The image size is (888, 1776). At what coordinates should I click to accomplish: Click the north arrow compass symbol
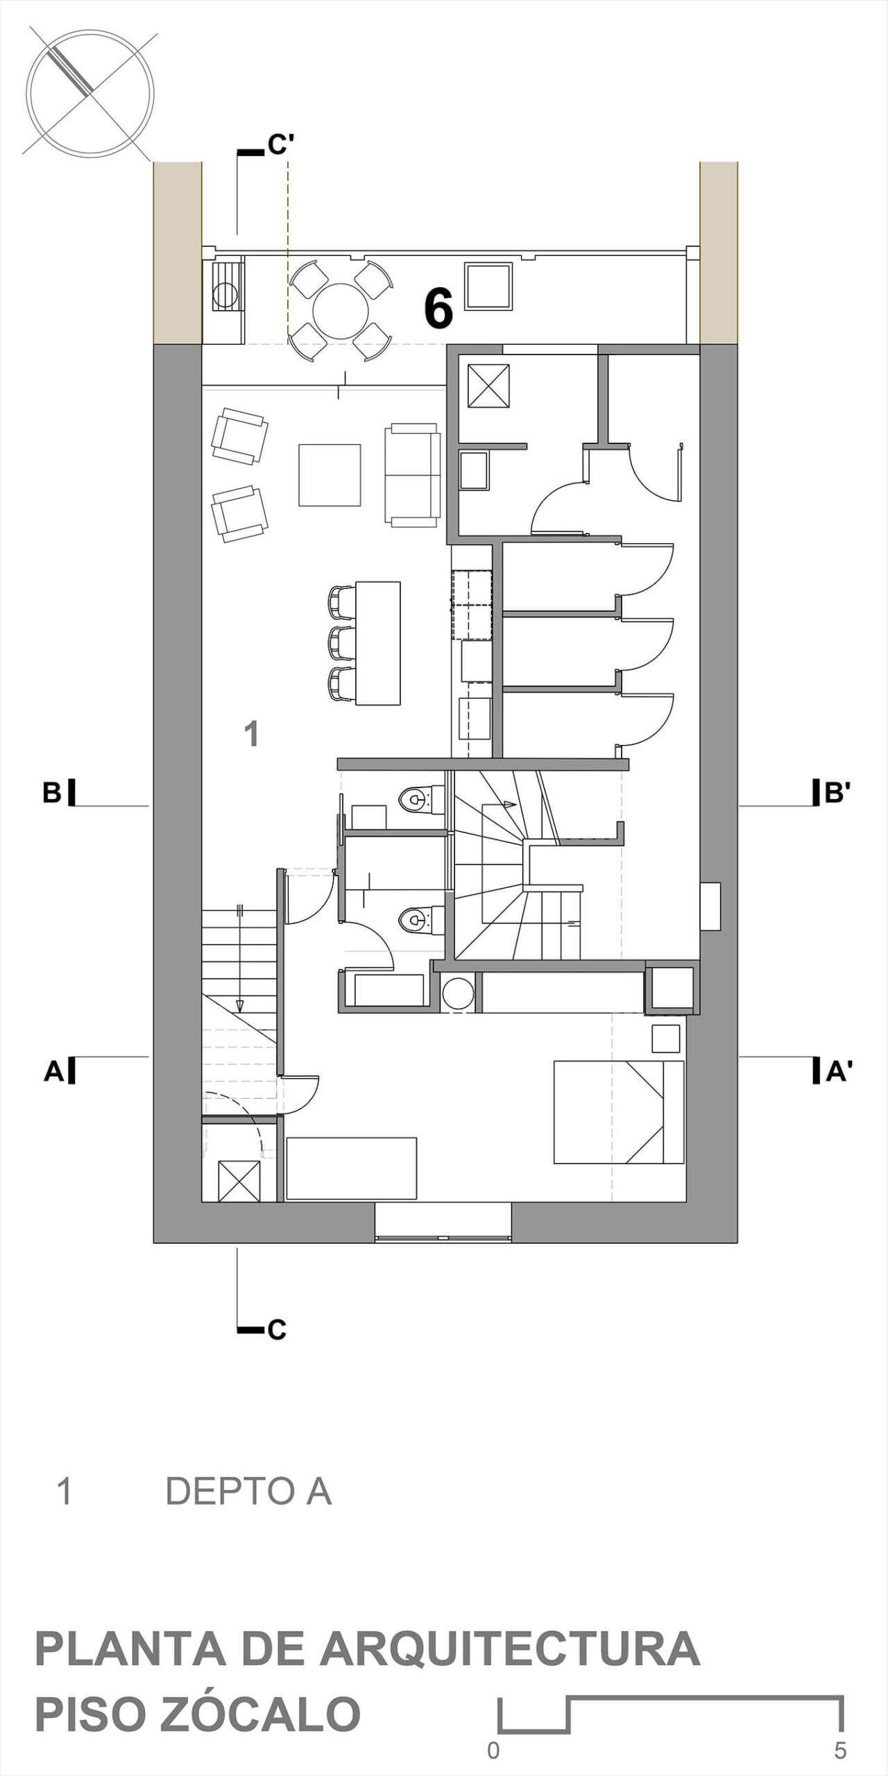pyautogui.click(x=90, y=92)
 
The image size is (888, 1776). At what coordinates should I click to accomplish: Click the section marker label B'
pyautogui.click(x=837, y=792)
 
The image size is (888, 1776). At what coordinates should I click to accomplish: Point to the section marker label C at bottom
pyautogui.click(x=277, y=1330)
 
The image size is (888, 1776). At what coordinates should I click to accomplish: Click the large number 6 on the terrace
pyautogui.click(x=438, y=307)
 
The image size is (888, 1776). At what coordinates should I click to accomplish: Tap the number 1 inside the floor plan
pyautogui.click(x=252, y=733)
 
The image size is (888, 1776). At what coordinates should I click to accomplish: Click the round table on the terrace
pyautogui.click(x=341, y=311)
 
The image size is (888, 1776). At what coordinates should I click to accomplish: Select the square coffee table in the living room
pyautogui.click(x=330, y=475)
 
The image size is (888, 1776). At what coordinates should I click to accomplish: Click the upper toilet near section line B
pyautogui.click(x=420, y=799)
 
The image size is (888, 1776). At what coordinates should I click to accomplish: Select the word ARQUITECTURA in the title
pyautogui.click(x=509, y=1649)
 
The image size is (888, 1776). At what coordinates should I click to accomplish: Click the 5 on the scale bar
pyautogui.click(x=840, y=1751)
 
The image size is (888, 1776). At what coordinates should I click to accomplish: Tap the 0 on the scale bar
pyautogui.click(x=493, y=1751)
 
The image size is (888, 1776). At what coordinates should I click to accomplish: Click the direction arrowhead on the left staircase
pyautogui.click(x=240, y=1004)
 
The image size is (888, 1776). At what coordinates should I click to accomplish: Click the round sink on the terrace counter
pyautogui.click(x=225, y=296)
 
